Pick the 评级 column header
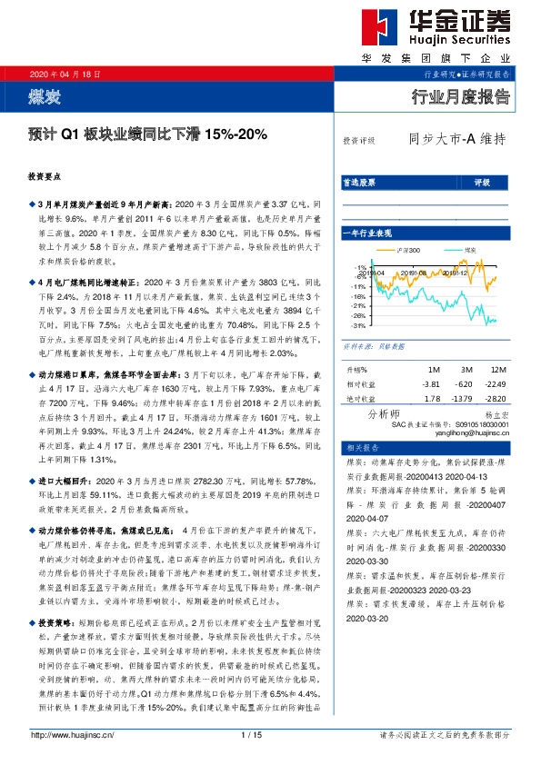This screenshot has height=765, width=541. pos(482,183)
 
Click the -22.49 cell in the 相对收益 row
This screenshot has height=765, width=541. pos(494,384)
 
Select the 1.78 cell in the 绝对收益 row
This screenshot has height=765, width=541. pos(432,398)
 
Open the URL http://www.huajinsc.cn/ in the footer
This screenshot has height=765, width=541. pos(72,734)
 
